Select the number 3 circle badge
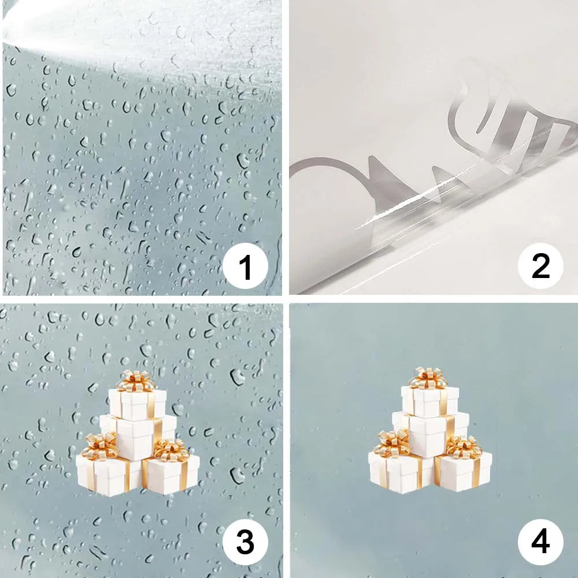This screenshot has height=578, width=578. click(246, 543)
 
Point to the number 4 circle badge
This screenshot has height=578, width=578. click(540, 543)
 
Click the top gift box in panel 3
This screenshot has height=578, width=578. click(138, 403)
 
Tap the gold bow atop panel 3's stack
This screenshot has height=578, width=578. click(135, 380)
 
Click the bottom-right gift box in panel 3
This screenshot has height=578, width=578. click(172, 474)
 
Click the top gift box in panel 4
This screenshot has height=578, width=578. click(430, 400)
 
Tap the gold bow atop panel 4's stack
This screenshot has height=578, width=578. click(428, 377)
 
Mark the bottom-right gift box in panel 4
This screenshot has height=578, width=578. click(465, 470)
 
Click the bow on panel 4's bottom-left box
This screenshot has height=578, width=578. click(392, 442)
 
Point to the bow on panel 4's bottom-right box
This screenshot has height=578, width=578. click(464, 446)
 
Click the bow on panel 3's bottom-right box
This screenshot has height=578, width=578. click(172, 450)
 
